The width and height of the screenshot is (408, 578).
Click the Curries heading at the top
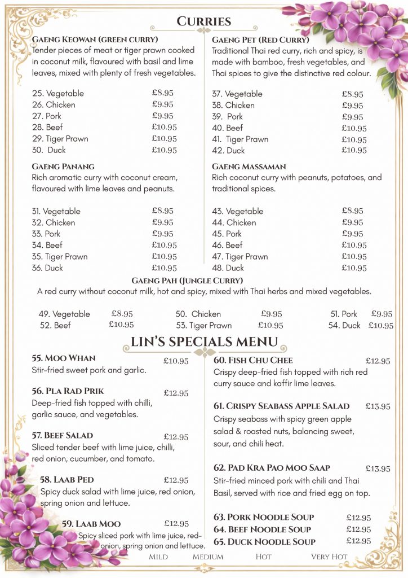[204, 21]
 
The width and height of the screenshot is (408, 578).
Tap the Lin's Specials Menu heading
[204, 341]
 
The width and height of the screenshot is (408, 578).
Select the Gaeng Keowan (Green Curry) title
[95, 39]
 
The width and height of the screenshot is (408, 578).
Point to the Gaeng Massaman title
[249, 167]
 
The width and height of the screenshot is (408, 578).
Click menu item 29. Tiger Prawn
[60, 138]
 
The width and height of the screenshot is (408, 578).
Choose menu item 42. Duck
[228, 150]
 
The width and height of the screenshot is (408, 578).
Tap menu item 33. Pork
[46, 234]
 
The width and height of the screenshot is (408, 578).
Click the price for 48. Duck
[354, 268]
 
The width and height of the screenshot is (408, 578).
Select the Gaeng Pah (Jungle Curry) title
[187, 281]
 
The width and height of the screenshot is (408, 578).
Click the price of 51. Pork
[382, 314]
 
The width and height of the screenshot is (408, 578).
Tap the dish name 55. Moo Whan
[64, 358]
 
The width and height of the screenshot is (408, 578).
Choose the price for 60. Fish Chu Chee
[378, 361]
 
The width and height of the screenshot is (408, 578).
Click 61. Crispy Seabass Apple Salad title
[281, 406]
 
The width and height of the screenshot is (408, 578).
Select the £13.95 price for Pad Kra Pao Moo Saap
[378, 468]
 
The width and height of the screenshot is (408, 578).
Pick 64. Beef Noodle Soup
[262, 529]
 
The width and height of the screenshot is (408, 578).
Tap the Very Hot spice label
[329, 557]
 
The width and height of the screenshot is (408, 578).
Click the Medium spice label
[208, 557]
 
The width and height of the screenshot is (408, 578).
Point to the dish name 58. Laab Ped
[66, 480]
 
